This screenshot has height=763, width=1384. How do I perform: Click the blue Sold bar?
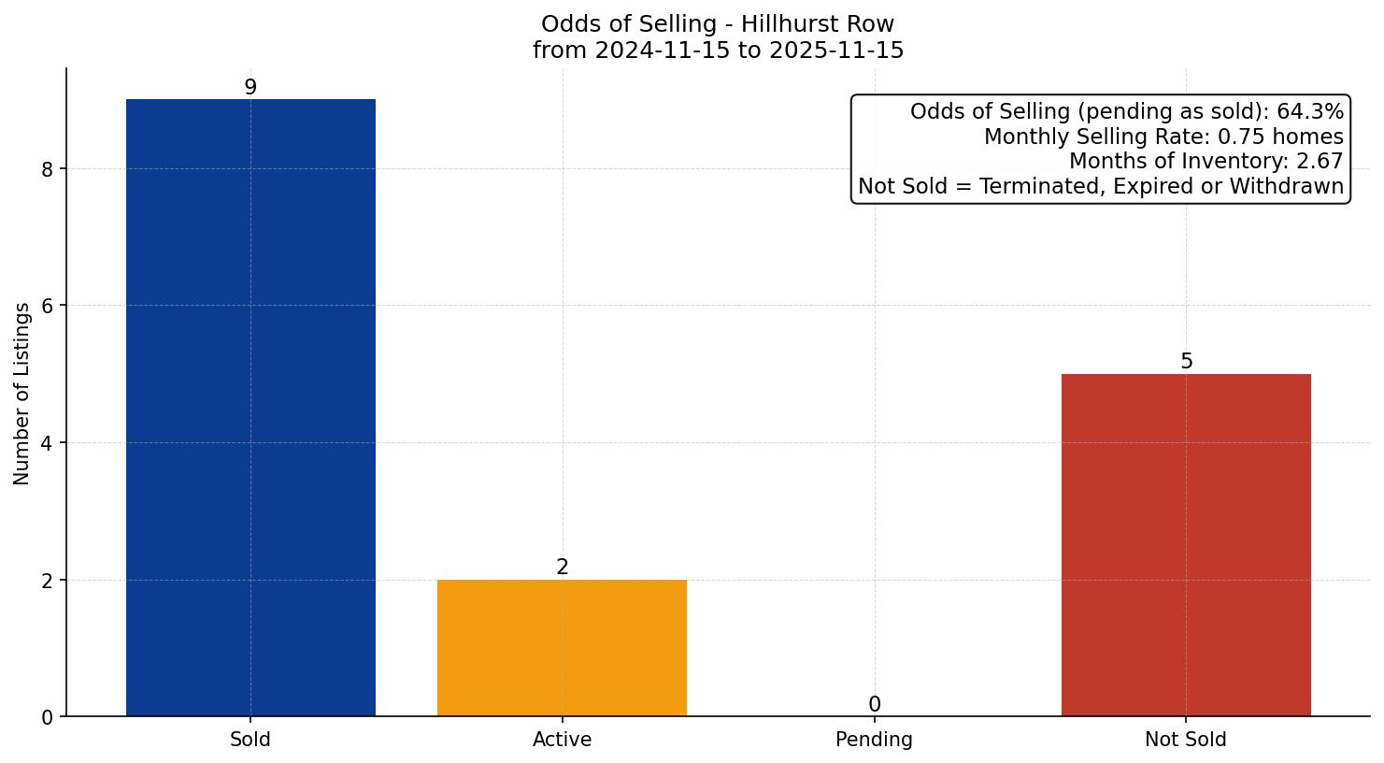250,408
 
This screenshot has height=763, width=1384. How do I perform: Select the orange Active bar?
562,648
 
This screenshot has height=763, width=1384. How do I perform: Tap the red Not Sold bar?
1186,545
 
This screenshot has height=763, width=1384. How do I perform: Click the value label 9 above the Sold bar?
250,87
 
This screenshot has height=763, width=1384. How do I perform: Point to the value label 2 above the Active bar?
562,568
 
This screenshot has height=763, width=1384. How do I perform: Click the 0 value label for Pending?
874,705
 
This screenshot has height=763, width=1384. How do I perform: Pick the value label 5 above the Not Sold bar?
1186,362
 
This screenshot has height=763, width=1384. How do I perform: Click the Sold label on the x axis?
250,740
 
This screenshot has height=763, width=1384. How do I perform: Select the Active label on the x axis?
562,740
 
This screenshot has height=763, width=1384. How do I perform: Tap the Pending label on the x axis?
874,740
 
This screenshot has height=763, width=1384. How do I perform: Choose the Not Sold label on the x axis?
1186,740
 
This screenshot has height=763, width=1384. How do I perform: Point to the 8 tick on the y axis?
48,169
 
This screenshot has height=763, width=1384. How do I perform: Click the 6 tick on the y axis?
48,306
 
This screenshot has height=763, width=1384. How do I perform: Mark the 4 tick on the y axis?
48,443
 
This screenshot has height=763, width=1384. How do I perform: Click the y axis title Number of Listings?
22,393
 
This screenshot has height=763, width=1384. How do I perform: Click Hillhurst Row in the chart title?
818,23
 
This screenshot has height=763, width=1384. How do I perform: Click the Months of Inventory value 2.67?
1319,162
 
